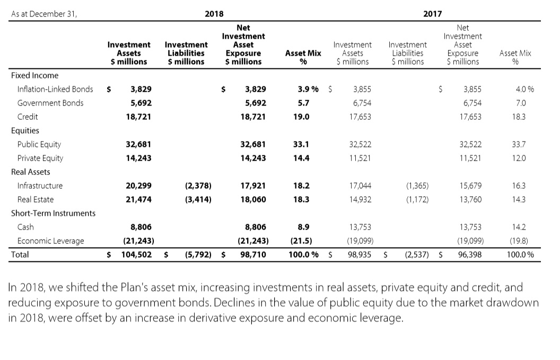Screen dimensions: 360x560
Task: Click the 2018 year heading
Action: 214,14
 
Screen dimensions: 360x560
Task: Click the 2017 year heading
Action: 433,14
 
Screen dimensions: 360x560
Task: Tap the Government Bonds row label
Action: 50,103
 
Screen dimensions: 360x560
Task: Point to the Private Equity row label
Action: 40,158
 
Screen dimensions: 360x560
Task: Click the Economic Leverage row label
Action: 51,241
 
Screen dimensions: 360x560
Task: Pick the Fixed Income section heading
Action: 35,75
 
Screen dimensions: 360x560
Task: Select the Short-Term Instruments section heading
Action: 54,213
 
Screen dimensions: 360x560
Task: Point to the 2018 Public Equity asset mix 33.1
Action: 301,144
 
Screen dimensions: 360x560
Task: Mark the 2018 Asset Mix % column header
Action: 303,57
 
